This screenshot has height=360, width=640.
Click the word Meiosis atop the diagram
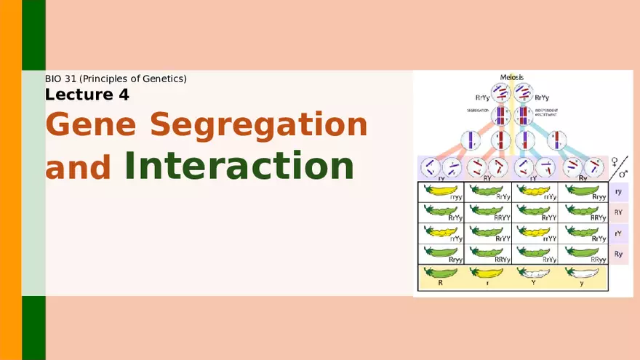[511, 77]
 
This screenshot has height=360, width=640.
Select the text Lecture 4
[87, 95]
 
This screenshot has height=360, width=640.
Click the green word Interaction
[239, 165]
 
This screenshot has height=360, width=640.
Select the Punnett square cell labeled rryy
[441, 191]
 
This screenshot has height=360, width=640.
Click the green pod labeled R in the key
[441, 276]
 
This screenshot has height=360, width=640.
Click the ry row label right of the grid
[618, 192]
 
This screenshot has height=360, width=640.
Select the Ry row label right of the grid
[618, 254]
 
